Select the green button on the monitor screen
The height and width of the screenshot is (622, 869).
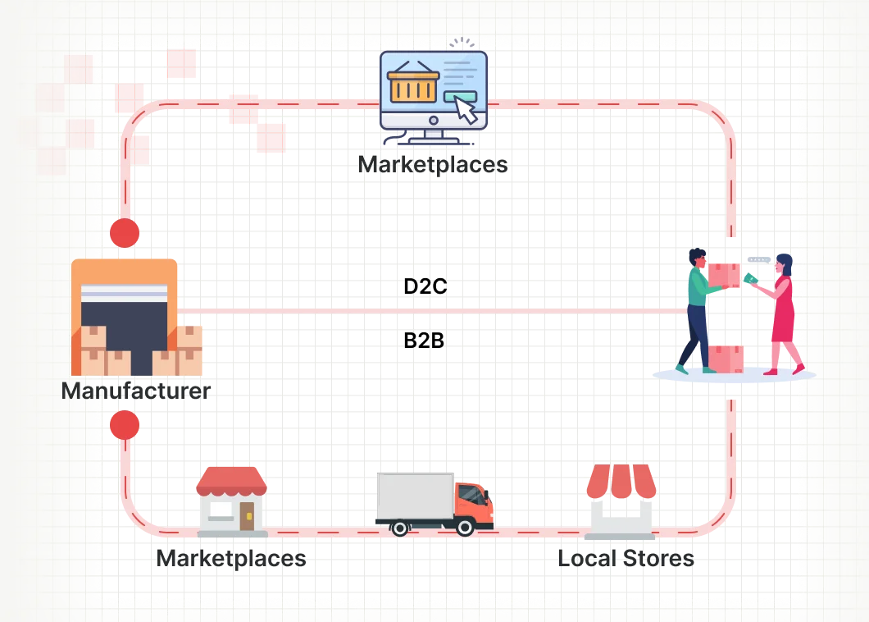[x=456, y=98]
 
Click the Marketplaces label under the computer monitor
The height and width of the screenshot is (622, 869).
[x=434, y=165]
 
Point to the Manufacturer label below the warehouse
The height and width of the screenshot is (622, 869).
[x=135, y=391]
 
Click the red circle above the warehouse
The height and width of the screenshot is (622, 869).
[x=125, y=233]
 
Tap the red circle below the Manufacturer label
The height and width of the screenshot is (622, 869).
[x=125, y=424]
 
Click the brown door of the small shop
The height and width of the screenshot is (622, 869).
[x=246, y=515]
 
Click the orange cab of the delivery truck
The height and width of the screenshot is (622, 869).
[x=474, y=501]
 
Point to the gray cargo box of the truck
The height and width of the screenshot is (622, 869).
[x=415, y=496]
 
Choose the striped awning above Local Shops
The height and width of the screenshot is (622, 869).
[x=621, y=482]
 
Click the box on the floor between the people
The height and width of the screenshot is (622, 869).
[x=726, y=358]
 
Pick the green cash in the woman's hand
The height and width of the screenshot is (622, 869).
[x=749, y=279]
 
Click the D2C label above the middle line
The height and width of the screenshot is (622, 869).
[x=424, y=286]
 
